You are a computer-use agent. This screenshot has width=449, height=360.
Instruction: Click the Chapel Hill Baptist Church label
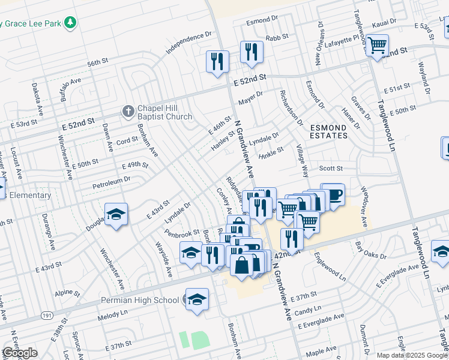pos(164,112)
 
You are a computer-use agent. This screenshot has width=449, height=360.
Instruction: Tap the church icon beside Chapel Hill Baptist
pos(127,112)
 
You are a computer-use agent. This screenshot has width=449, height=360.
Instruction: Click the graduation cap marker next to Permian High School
pos(196,300)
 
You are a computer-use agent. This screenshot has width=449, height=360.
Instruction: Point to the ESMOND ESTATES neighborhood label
pos(328,131)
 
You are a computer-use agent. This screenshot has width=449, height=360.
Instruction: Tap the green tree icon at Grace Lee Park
pos(71,23)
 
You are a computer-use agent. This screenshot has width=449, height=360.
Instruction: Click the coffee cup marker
pos(333,195)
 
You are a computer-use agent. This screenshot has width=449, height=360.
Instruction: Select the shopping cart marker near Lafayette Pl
pos(377,46)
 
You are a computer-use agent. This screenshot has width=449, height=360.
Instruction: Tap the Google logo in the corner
pos(19,353)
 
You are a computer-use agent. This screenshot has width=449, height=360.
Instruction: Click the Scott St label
pos(331,169)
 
